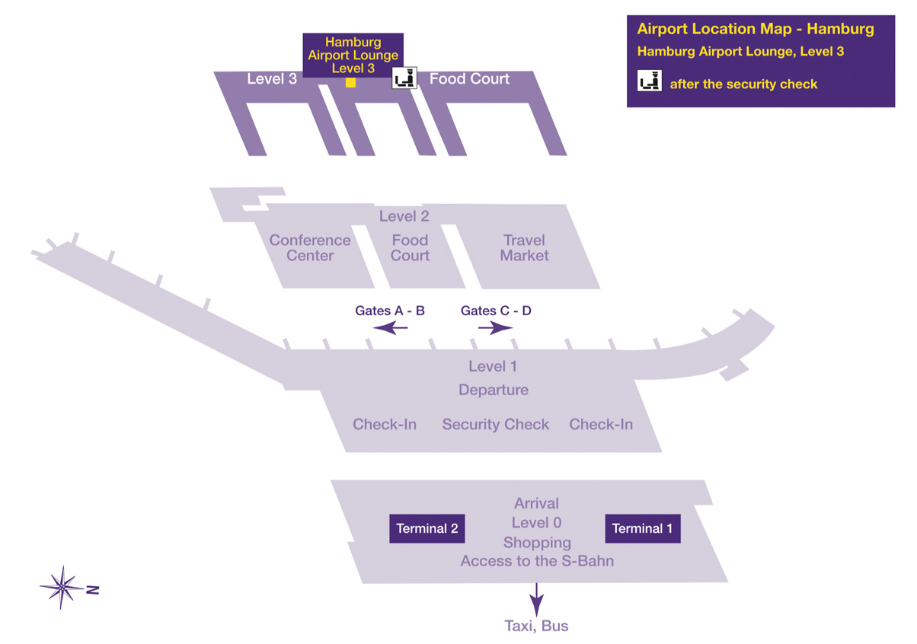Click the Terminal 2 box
[427, 529]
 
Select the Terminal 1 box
[642, 529]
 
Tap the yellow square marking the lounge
[350, 82]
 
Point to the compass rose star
[62, 587]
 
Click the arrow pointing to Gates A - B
[391, 328]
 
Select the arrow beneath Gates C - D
[496, 328]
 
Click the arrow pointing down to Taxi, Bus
[537, 599]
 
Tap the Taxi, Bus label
[537, 626]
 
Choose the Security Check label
[495, 425]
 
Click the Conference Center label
[310, 248]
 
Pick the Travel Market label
[524, 248]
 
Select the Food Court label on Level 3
[469, 78]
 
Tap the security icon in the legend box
[650, 81]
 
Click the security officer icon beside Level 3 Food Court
[404, 78]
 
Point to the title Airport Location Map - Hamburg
[755, 30]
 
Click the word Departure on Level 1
[494, 390]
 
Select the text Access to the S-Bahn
[537, 562]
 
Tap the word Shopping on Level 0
[537, 543]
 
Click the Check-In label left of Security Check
[385, 425]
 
